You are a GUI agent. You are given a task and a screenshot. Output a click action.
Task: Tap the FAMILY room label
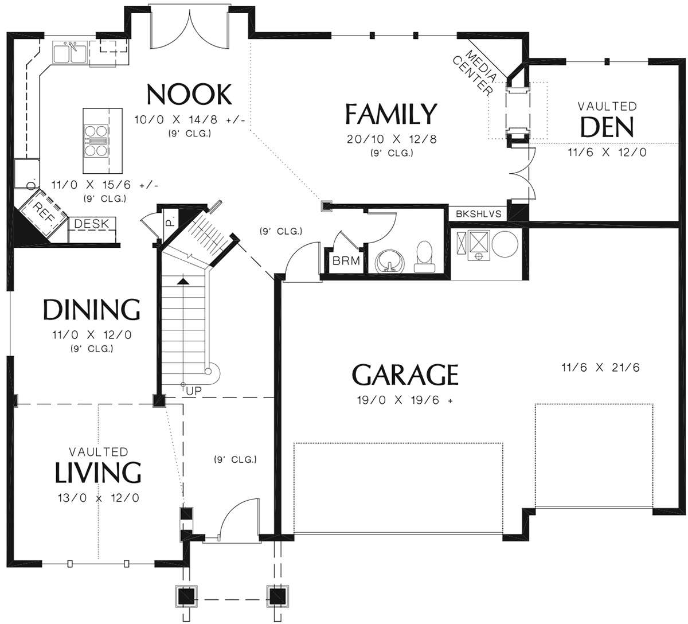(390, 114)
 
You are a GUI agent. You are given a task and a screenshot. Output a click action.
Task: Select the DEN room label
(607, 127)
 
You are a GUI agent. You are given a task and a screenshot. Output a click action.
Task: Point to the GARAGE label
(405, 375)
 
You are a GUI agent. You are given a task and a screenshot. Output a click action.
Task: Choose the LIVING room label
(98, 473)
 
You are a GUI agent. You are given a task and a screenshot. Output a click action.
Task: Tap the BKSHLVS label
(478, 213)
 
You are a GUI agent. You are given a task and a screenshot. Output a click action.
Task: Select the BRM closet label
(346, 261)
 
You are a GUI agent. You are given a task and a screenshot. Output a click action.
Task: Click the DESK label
(92, 224)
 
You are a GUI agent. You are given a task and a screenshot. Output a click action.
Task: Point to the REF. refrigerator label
(44, 211)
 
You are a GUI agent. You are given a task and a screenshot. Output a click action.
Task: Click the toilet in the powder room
(425, 256)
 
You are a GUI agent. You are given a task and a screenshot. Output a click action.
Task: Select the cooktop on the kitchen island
(97, 141)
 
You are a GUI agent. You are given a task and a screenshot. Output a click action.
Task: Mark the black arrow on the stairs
(183, 282)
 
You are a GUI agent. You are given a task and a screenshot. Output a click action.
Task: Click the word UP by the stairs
(194, 391)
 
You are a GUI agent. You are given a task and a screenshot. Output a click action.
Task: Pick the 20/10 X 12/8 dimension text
(392, 139)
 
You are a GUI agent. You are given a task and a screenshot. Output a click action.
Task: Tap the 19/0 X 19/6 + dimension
(405, 400)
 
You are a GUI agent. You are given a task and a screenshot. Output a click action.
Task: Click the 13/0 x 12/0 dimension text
(99, 498)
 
